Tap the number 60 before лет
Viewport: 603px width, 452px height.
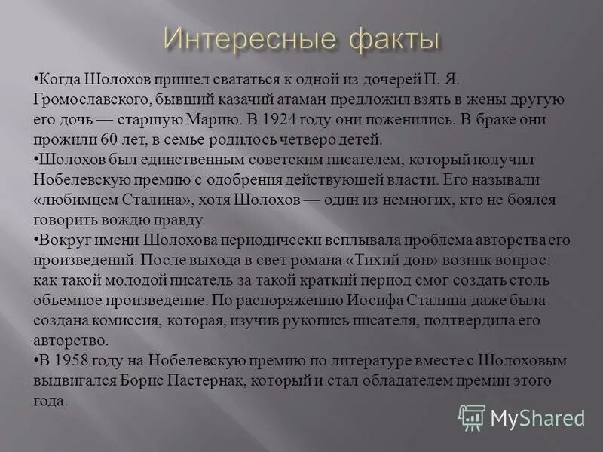point(111,139)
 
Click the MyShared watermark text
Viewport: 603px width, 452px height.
point(537,417)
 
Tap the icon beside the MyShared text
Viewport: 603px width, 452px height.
point(472,417)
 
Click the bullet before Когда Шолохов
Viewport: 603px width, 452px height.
point(36,79)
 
